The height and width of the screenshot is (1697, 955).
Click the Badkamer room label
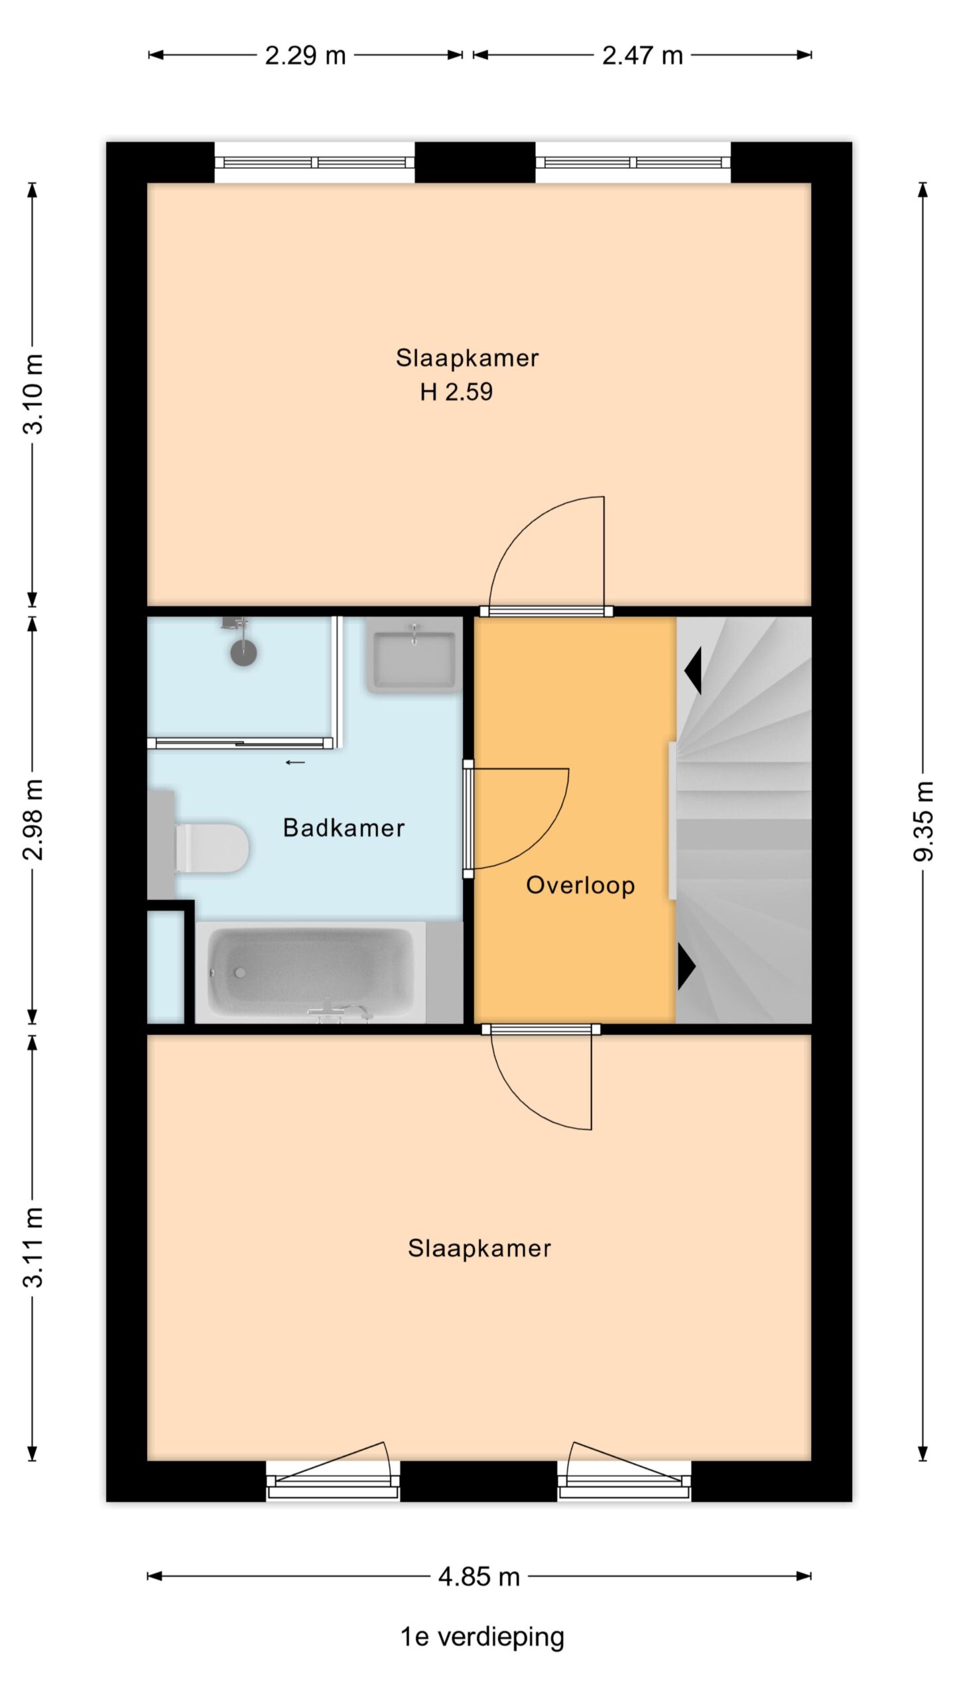coord(344,827)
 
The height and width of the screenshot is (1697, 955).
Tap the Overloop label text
coord(580,886)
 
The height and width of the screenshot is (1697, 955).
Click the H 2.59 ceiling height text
coord(456,392)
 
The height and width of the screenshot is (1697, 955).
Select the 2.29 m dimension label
coord(306,55)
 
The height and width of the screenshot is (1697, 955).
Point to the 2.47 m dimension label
coord(643,55)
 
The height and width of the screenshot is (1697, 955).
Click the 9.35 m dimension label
coord(923,821)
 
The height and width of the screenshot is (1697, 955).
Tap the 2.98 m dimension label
coord(33,819)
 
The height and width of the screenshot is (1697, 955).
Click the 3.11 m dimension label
coord(33,1248)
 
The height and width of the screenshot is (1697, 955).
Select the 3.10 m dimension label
coord(33,394)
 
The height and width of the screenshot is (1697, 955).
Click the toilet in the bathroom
coord(212,847)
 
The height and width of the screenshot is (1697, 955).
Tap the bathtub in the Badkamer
coord(310,972)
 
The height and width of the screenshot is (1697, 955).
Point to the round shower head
coord(243,653)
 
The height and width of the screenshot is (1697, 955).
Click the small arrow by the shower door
coord(295,762)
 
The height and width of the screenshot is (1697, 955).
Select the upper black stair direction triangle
coord(694,670)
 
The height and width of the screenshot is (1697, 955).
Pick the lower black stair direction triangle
coord(686,967)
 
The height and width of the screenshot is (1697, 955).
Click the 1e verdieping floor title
coord(482,1637)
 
